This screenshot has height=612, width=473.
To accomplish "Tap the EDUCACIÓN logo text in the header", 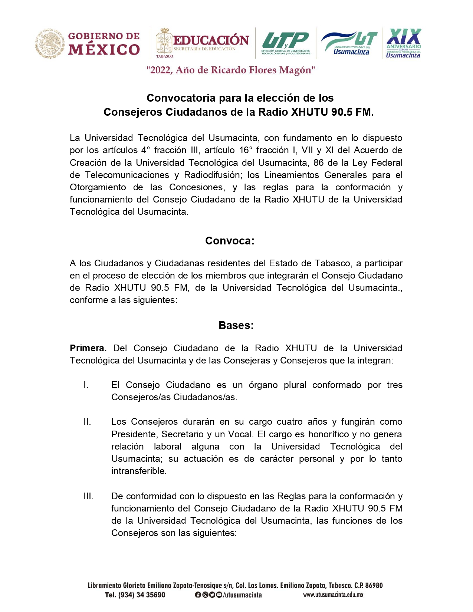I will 211,40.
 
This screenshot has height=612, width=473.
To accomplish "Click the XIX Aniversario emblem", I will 403,43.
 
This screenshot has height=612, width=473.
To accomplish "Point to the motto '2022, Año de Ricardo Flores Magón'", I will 231,70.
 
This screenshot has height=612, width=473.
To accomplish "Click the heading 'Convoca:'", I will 230,241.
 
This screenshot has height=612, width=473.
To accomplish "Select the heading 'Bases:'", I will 236,326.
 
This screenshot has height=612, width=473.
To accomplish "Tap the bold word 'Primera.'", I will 88,348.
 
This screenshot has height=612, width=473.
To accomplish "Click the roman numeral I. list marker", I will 86,385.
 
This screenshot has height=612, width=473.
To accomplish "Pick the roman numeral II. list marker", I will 87,422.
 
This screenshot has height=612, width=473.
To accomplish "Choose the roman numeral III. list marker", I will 88,496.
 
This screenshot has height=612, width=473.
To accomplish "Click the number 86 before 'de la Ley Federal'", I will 318,163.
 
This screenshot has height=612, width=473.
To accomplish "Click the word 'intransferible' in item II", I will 138,471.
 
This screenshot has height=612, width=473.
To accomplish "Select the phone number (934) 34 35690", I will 141,595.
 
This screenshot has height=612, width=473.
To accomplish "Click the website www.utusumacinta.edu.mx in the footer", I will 333,595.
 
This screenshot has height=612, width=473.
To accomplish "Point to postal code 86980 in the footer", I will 374,586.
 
